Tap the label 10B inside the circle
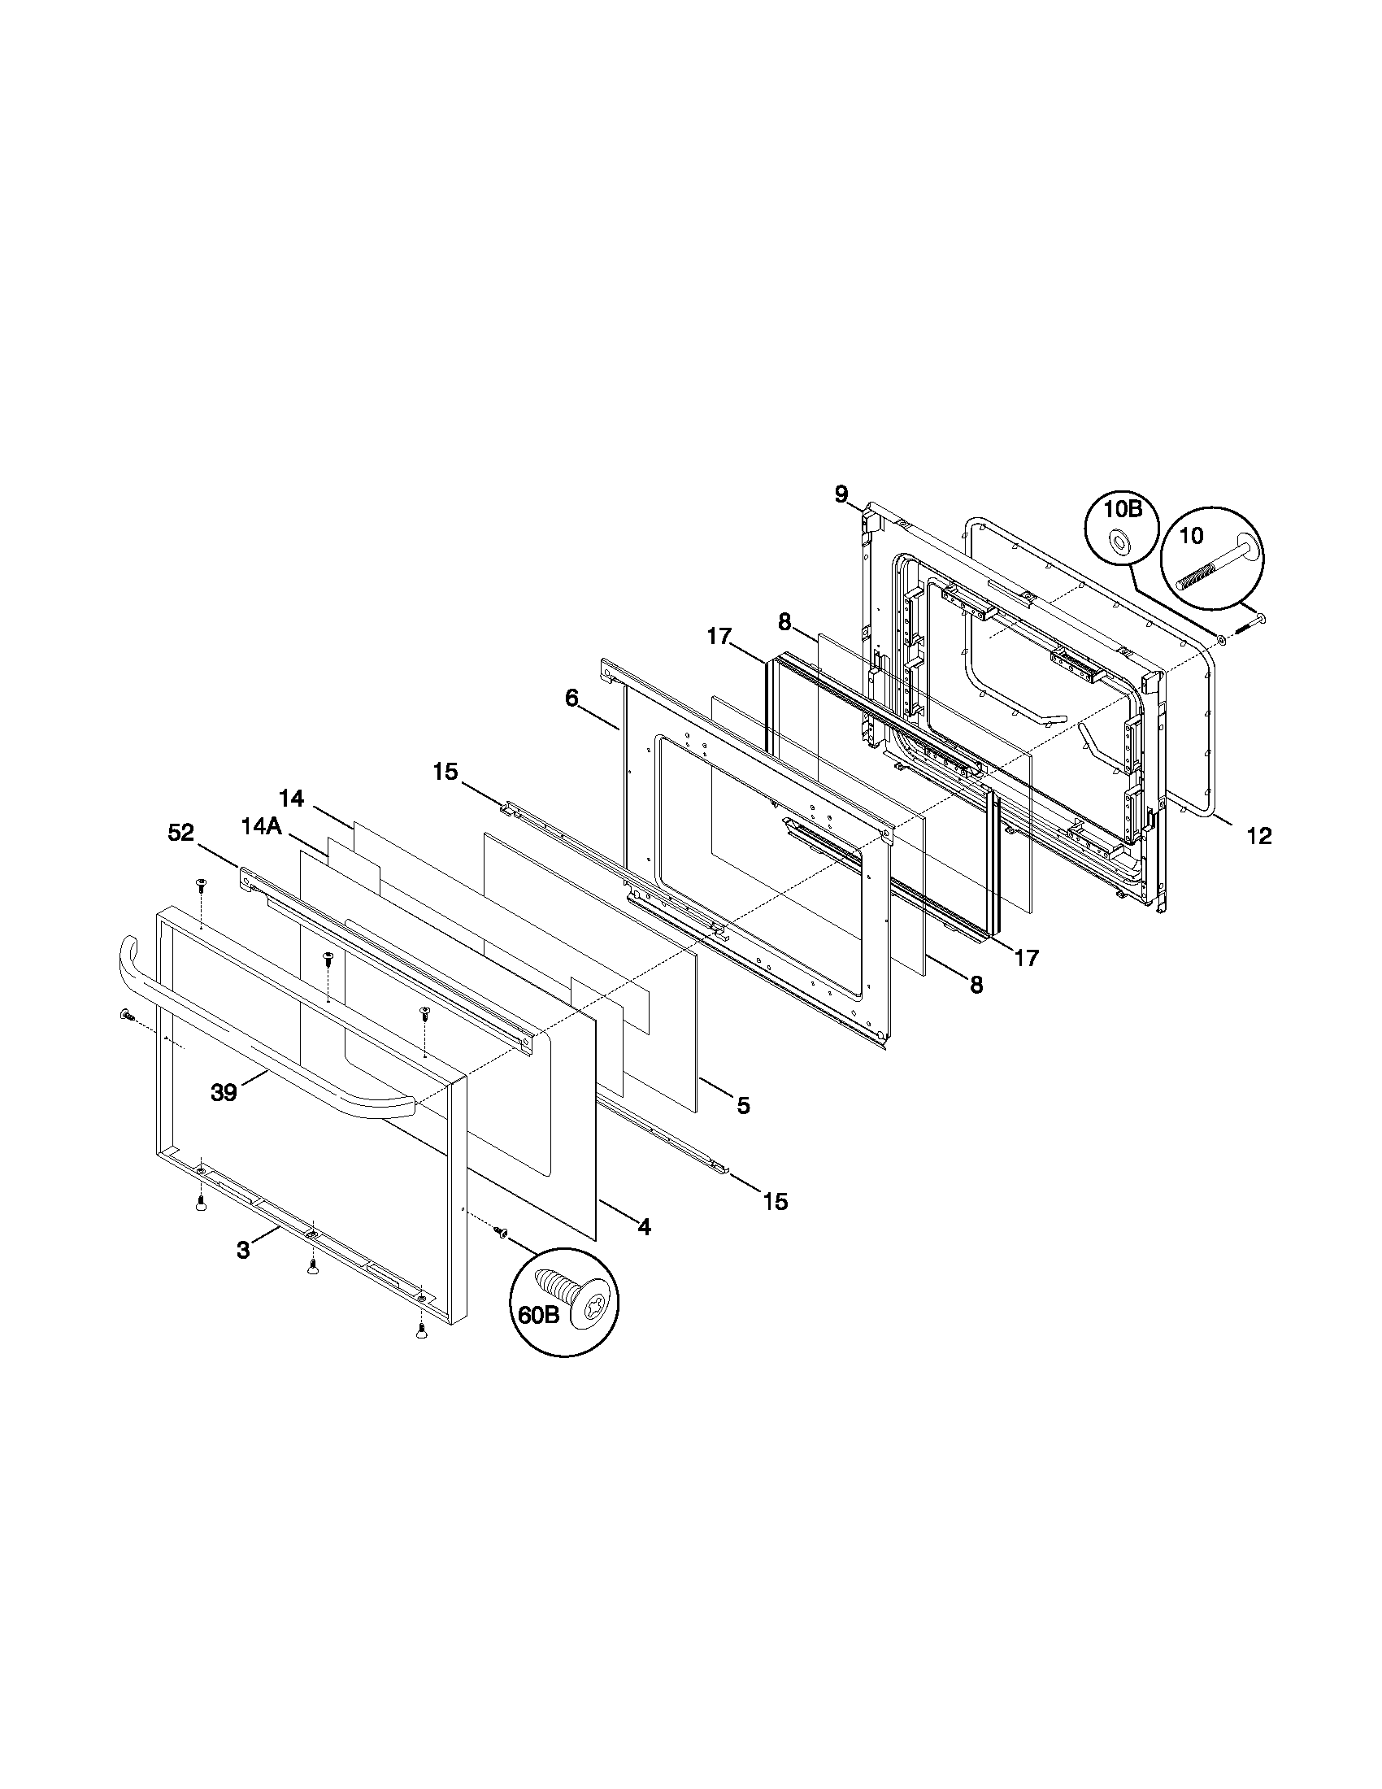(1122, 510)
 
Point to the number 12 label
(1258, 835)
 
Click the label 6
(571, 699)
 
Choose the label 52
(181, 833)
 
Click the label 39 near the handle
(224, 1092)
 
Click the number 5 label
(742, 1105)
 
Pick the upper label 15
(445, 772)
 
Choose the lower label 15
(776, 1202)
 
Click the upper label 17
(719, 636)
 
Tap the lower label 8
(976, 986)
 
